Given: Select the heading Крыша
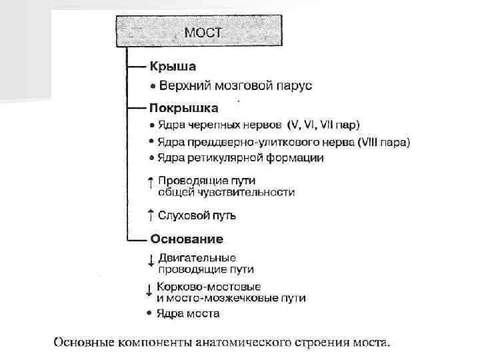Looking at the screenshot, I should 167,67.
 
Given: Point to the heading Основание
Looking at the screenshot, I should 187,239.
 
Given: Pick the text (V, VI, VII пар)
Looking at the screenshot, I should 323,125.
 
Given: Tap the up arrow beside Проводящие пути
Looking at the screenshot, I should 151,181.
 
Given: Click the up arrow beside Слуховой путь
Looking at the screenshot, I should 151,215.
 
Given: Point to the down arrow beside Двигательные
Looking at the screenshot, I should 151,261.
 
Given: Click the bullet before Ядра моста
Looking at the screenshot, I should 150,313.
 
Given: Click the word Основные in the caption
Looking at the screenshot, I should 85,344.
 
